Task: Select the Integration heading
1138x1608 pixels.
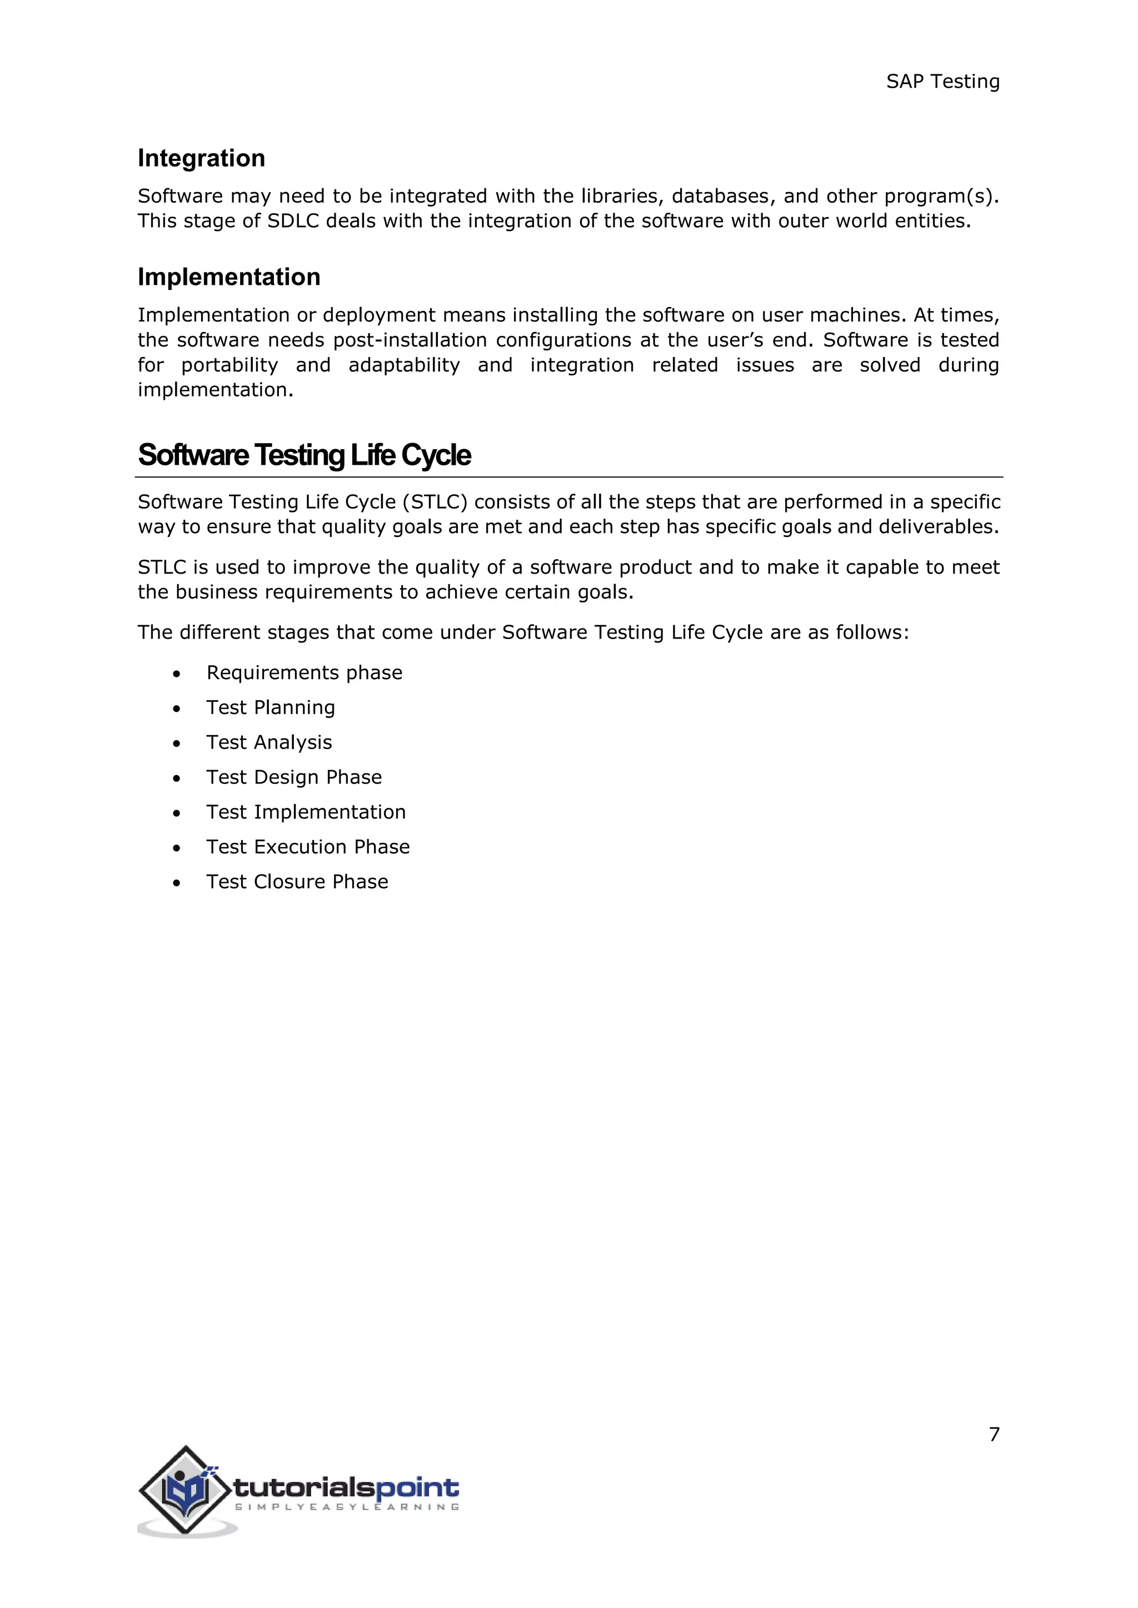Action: click(201, 158)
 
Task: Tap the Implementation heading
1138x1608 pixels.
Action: click(228, 277)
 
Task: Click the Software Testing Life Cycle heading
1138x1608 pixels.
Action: click(304, 455)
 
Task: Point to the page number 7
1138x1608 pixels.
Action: click(994, 1434)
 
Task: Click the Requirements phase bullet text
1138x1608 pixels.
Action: click(304, 673)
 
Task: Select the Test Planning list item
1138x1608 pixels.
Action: click(271, 707)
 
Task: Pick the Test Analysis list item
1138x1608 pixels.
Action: click(269, 742)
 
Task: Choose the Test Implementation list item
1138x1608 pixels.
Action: click(306, 812)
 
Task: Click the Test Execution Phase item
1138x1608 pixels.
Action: click(308, 847)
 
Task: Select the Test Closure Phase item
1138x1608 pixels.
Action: click(297, 882)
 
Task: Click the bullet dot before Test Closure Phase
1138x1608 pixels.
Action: click(177, 883)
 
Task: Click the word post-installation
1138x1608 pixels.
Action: click(410, 340)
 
